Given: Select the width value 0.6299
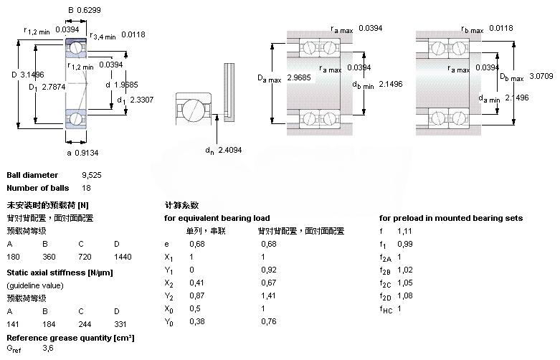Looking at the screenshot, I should point(90,10).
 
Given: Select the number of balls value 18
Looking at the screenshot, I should point(87,188).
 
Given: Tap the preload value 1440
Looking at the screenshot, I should point(123,256).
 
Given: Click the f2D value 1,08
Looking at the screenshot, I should point(406,295).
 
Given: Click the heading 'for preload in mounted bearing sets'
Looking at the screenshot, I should point(450,218).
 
